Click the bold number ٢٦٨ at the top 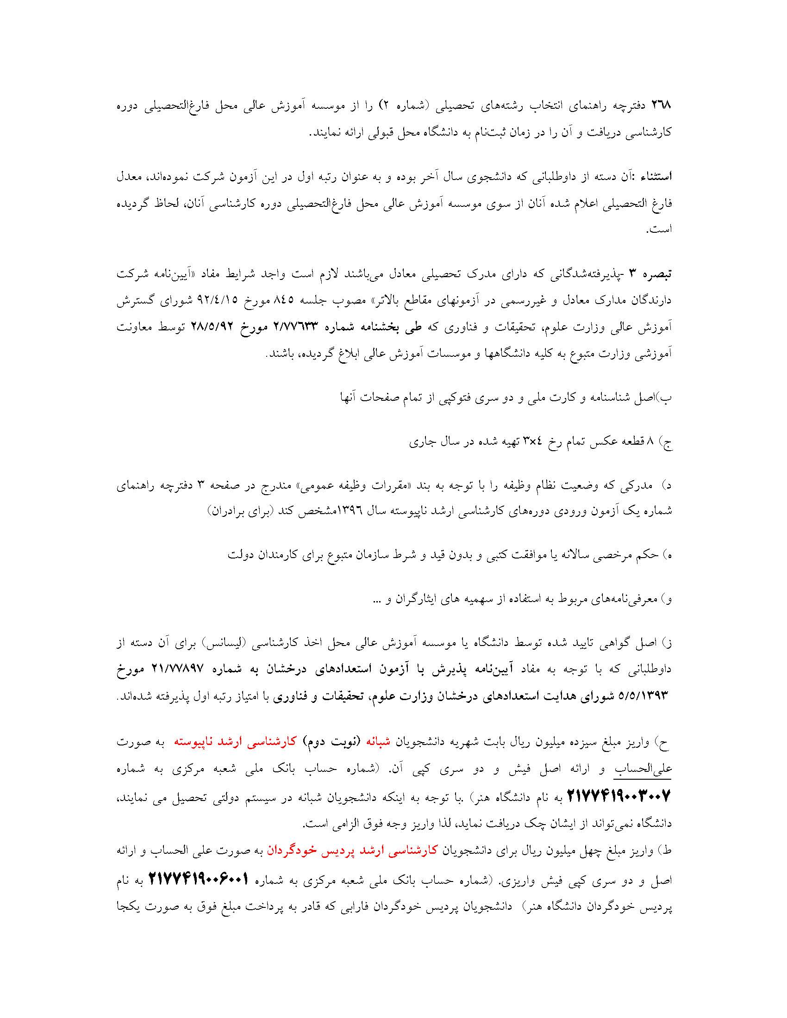click(659, 106)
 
